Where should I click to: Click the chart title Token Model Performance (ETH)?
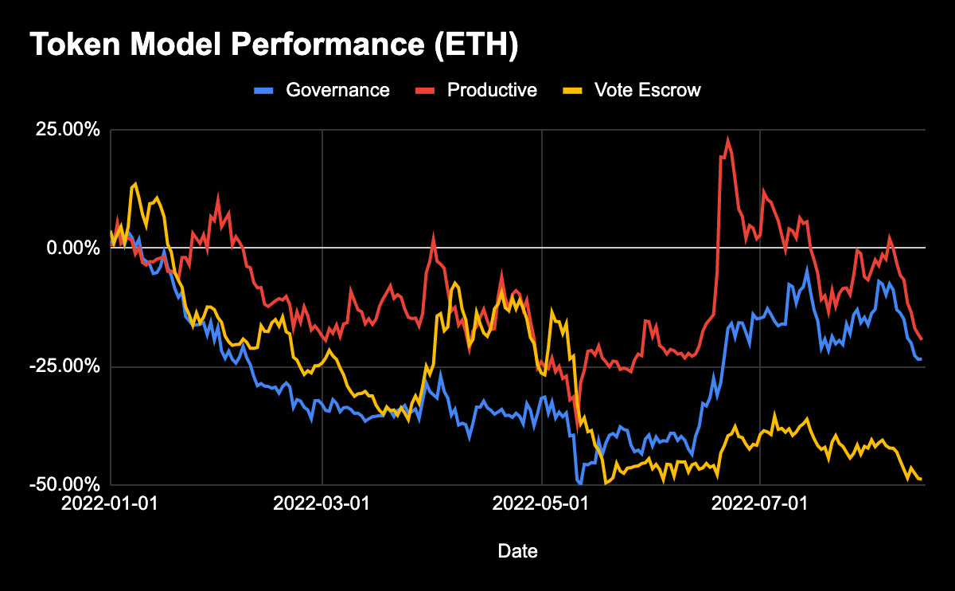(x=275, y=47)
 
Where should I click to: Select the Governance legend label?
(x=338, y=90)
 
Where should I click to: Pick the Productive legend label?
(x=492, y=90)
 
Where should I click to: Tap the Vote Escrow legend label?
(x=647, y=90)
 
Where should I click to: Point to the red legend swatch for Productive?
(x=427, y=90)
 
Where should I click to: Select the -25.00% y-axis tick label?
(x=67, y=366)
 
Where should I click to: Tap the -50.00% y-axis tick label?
(x=67, y=484)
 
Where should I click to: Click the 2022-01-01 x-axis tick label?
(x=110, y=503)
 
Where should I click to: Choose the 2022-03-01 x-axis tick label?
(x=322, y=503)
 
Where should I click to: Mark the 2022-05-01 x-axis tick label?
(x=541, y=503)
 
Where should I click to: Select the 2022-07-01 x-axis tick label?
(x=761, y=503)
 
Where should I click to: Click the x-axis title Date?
(x=516, y=550)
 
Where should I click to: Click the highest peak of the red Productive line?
(x=727, y=139)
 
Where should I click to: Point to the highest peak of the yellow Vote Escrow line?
(x=135, y=183)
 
